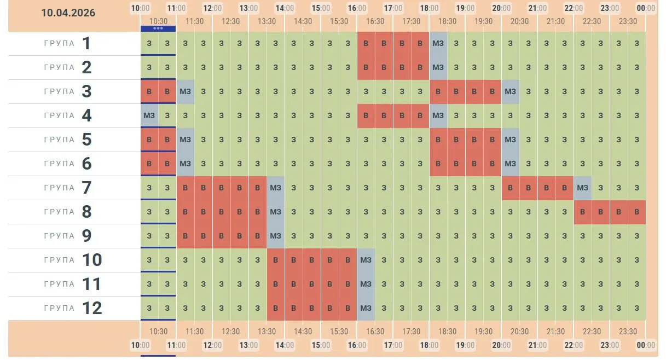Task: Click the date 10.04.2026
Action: (68, 13)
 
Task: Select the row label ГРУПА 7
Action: (68, 188)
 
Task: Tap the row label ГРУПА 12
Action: (73, 308)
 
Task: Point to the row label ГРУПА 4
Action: (68, 115)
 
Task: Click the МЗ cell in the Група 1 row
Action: (438, 43)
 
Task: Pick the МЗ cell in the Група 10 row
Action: (366, 260)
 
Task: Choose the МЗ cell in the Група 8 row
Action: (275, 212)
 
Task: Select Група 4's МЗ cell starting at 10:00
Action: (149, 115)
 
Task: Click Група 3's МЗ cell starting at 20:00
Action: (510, 91)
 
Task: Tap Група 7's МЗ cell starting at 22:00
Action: (582, 188)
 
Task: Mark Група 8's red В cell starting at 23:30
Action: (636, 212)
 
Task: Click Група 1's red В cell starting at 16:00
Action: (366, 43)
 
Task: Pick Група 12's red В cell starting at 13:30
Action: (275, 308)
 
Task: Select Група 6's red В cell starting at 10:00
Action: (149, 164)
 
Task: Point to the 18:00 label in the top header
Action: (429, 8)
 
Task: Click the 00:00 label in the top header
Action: (646, 8)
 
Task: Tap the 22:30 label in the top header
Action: (592, 21)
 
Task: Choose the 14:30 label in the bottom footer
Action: (303, 332)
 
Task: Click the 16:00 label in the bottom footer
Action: (357, 345)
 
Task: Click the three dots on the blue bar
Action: (158, 28)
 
